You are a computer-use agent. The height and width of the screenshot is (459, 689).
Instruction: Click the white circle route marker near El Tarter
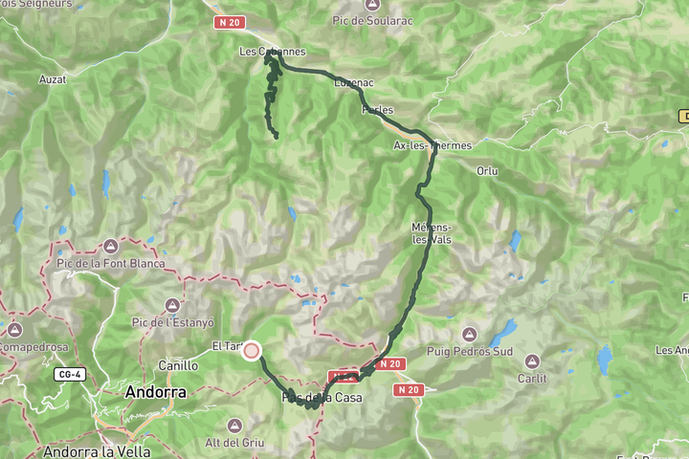(252, 351)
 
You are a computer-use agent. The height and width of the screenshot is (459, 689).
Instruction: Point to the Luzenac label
(352, 83)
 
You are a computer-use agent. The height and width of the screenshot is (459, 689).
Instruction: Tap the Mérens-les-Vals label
(431, 233)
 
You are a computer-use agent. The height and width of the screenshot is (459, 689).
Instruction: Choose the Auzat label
(53, 79)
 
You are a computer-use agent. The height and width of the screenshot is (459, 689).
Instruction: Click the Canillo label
(178, 364)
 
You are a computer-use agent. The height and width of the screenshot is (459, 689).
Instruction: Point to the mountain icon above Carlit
(532, 361)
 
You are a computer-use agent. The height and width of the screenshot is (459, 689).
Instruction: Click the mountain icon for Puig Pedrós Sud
(469, 334)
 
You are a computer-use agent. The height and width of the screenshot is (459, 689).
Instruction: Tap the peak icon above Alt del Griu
(235, 424)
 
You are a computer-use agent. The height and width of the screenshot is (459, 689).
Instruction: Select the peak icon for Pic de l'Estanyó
(172, 305)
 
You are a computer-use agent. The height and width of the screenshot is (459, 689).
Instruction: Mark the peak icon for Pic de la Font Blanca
(110, 247)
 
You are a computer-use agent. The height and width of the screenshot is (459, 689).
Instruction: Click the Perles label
(377, 110)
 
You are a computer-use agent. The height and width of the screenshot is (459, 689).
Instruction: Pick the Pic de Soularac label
(371, 19)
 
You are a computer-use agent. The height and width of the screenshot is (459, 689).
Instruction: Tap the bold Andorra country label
(156, 392)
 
